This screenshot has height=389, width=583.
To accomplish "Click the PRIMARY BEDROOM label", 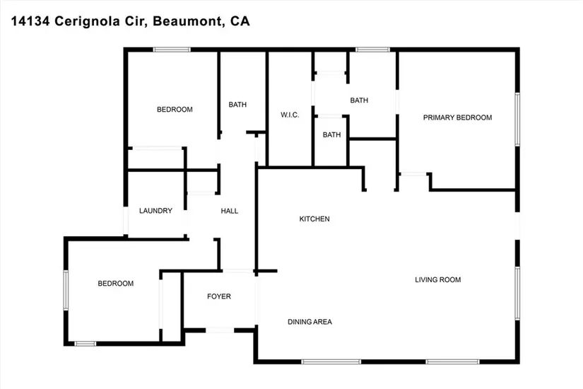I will [457, 117].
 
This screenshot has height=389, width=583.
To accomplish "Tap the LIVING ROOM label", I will [437, 279].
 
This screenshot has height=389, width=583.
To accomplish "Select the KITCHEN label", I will [314, 219].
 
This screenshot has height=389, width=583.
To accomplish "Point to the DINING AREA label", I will [310, 322].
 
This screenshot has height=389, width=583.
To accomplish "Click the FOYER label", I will [218, 296].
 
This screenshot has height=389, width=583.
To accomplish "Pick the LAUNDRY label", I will [155, 211].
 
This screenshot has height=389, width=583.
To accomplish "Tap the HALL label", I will [230, 211].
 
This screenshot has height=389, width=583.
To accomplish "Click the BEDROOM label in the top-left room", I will [175, 110].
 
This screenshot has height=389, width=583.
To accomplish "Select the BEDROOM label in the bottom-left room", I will [115, 284].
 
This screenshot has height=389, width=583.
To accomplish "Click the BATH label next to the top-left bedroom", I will [237, 105].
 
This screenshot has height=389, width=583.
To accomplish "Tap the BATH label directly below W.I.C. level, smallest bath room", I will [331, 134].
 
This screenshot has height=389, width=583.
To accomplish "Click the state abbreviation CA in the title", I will [240, 22].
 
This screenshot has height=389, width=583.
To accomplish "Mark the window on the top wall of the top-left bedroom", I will [172, 49].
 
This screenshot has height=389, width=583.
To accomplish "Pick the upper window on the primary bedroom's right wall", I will [518, 118].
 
